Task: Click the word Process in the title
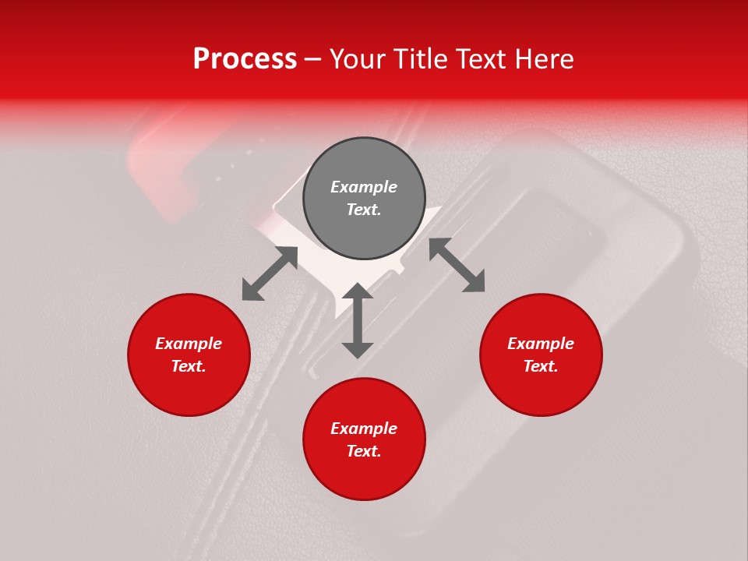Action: pyautogui.click(x=245, y=59)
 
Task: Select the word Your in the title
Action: pyautogui.click(x=361, y=59)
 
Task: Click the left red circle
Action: pyautogui.click(x=189, y=355)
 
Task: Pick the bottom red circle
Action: pyautogui.click(x=364, y=439)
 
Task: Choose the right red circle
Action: pyautogui.click(x=541, y=355)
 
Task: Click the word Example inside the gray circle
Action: pyautogui.click(x=364, y=187)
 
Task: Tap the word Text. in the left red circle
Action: pyautogui.click(x=189, y=366)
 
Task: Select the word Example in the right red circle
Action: pyautogui.click(x=541, y=344)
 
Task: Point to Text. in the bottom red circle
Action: pyautogui.click(x=364, y=451)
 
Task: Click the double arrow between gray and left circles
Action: pyautogui.click(x=270, y=273)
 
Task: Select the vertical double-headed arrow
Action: pyautogui.click(x=358, y=320)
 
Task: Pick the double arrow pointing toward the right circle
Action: pyautogui.click(x=457, y=265)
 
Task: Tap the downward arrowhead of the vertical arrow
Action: pyautogui.click(x=358, y=349)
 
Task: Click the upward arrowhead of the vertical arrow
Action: pyautogui.click(x=358, y=291)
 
